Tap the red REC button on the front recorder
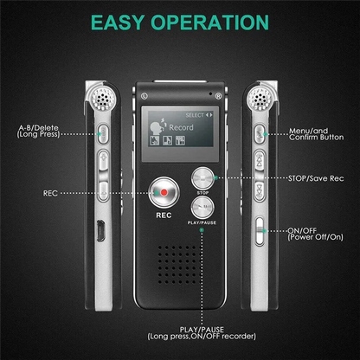[162, 190]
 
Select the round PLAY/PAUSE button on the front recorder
[202, 206]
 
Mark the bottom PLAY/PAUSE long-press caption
[202, 333]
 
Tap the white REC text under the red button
[162, 214]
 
